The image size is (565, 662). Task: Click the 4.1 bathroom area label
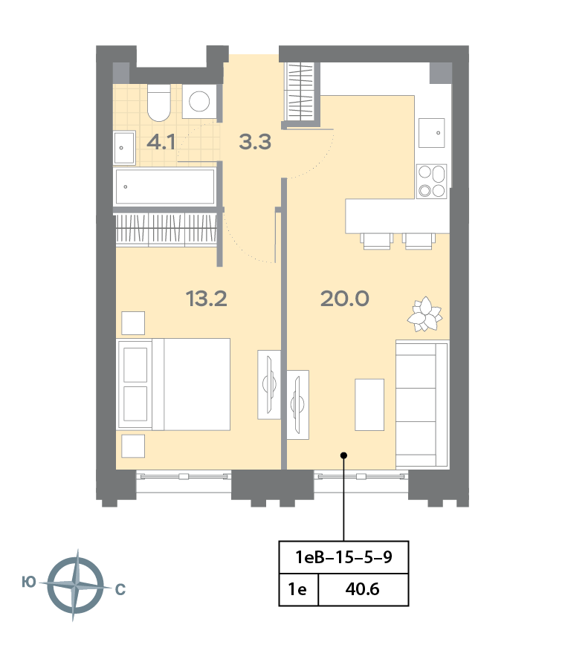click(161, 142)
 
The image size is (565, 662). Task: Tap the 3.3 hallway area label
click(255, 142)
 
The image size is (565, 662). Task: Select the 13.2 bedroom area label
click(206, 299)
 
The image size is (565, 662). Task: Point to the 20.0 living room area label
click(345, 299)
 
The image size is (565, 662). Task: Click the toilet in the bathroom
click(159, 103)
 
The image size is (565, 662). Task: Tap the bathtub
click(165, 186)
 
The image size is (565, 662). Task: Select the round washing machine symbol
click(199, 101)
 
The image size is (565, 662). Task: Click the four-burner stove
click(431, 181)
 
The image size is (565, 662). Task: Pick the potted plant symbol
click(425, 314)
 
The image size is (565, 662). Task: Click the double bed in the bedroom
click(174, 384)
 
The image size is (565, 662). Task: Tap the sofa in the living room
click(422, 404)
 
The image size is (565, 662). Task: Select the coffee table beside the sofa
click(369, 404)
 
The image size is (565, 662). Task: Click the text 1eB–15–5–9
click(343, 557)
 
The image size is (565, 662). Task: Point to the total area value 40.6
click(362, 589)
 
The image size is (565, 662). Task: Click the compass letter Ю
click(29, 583)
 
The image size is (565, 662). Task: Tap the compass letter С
click(120, 589)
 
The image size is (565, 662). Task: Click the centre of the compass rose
click(76, 585)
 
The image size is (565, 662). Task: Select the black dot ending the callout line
click(344, 455)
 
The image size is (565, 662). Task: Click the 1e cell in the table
click(297, 589)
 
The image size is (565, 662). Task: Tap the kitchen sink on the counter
click(431, 132)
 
